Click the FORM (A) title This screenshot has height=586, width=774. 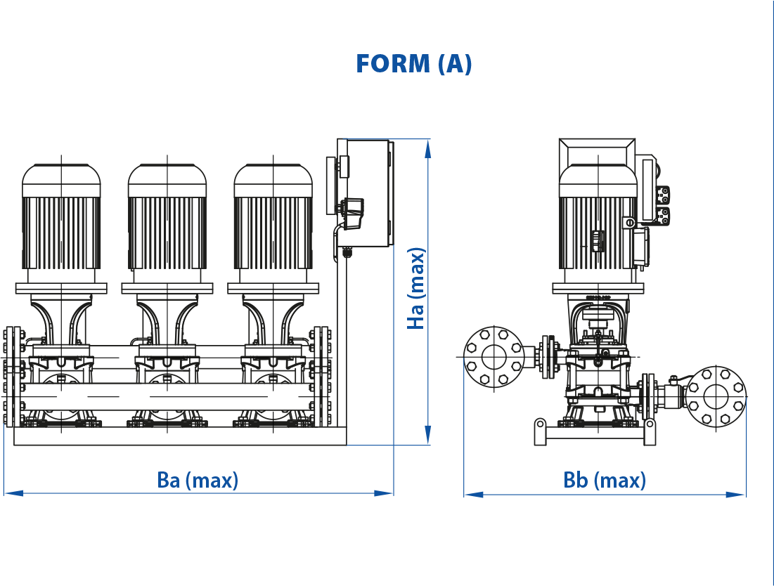pyautogui.click(x=413, y=64)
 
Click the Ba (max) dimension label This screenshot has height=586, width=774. pyautogui.click(x=198, y=480)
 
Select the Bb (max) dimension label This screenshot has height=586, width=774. pyautogui.click(x=605, y=480)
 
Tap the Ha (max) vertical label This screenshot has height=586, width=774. pyautogui.click(x=416, y=289)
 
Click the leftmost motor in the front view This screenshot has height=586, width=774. pyautogui.click(x=61, y=217)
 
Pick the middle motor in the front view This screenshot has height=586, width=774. pyautogui.click(x=167, y=217)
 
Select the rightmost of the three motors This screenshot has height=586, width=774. pyautogui.click(x=273, y=217)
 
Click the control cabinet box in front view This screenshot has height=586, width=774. pyautogui.click(x=366, y=193)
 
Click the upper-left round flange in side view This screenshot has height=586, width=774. pyautogui.click(x=494, y=357)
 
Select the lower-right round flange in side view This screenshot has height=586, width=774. pyautogui.click(x=716, y=396)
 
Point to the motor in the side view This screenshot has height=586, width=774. pyautogui.click(x=598, y=217)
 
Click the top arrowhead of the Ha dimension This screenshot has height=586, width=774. pyautogui.click(x=428, y=148)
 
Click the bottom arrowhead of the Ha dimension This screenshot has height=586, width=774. pyautogui.click(x=428, y=436)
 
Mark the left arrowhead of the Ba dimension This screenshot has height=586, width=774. pyautogui.click(x=13, y=493)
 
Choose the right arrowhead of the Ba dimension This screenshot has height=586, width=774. pyautogui.click(x=384, y=493)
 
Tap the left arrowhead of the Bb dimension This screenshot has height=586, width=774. pyautogui.click(x=474, y=494)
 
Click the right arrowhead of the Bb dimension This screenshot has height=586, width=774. pyautogui.click(x=736, y=494)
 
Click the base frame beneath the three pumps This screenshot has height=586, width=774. pyautogui.click(x=180, y=436)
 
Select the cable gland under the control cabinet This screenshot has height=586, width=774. pyautogui.click(x=346, y=252)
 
